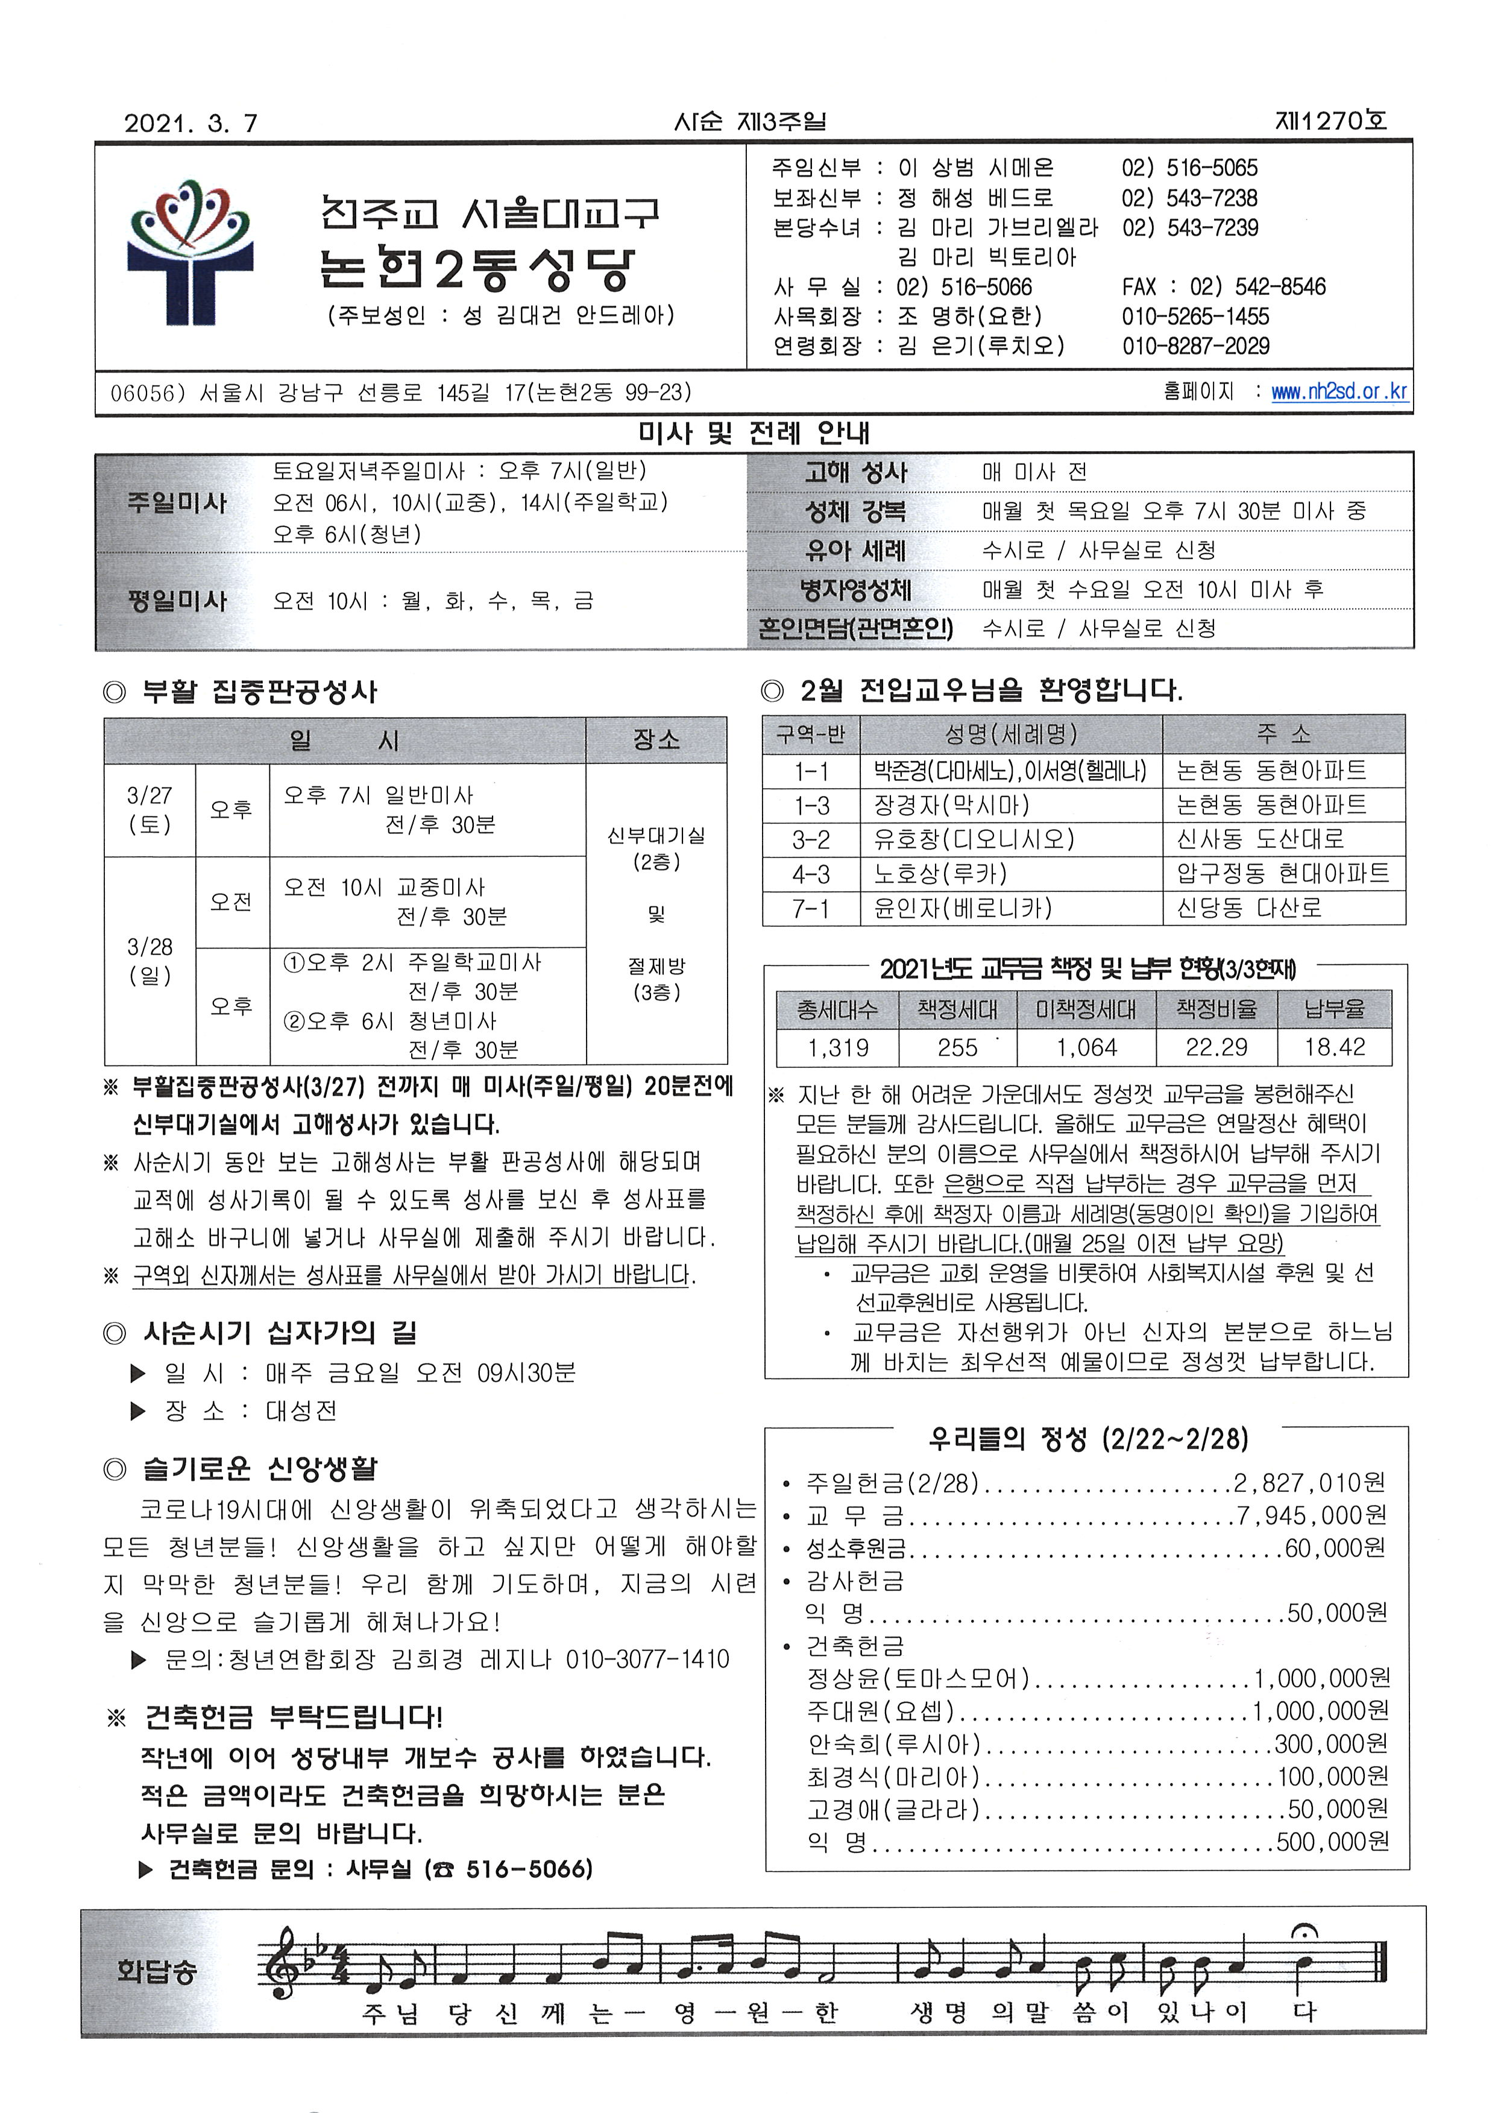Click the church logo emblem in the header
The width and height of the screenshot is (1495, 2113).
(x=190, y=251)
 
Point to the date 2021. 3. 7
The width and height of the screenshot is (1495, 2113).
(x=190, y=124)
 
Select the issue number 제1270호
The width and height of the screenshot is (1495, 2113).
(x=1330, y=121)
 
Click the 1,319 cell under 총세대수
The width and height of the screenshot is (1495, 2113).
(x=838, y=1047)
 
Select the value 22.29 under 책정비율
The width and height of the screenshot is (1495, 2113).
(x=1216, y=1047)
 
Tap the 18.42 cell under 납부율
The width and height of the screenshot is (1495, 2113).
(x=1334, y=1047)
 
